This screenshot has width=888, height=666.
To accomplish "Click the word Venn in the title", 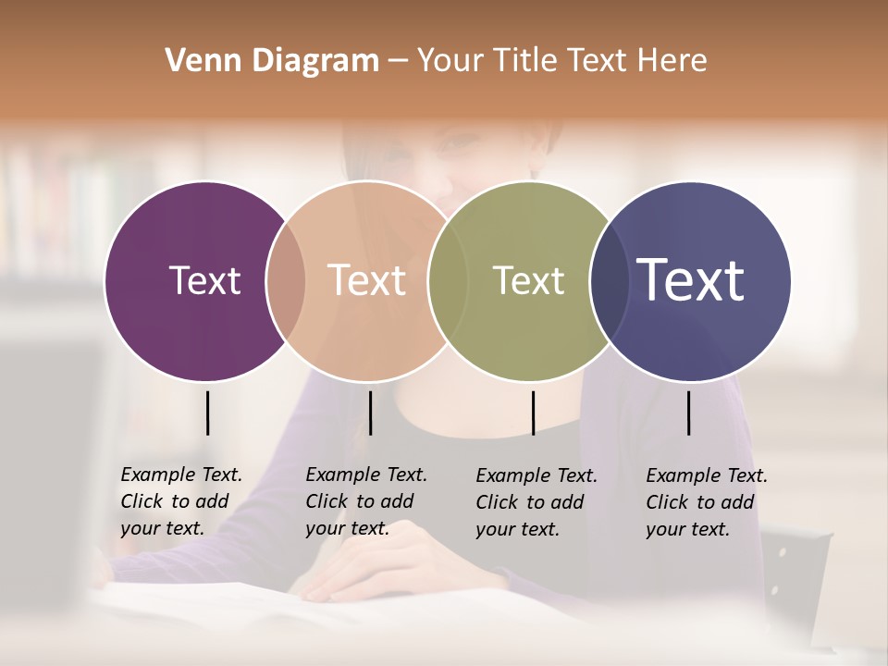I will coord(194,61).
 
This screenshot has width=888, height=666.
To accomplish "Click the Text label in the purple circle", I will coord(204,280).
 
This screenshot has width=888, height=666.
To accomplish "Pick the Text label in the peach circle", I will coord(367,280).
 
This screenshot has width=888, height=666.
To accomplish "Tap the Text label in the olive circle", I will coord(528,280).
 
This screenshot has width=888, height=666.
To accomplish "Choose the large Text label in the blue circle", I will coord(691,280).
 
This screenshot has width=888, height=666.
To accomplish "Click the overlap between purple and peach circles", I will coord(286,280).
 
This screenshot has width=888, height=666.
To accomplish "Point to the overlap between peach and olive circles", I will coord(448,280).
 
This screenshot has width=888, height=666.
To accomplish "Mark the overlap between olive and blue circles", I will coord(609,280).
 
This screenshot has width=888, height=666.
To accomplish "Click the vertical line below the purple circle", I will coord(207,413).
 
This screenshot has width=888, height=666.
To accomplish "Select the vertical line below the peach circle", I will coord(370,413).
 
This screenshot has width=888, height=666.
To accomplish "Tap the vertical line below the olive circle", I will coord(533,413).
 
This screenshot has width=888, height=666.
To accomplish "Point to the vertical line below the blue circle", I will coord(688,413).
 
